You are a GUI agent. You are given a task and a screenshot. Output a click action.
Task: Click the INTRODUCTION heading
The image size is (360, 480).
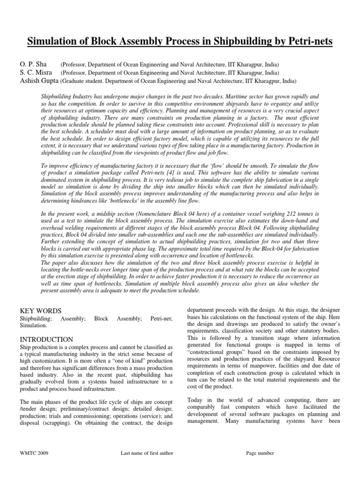pos(46,339)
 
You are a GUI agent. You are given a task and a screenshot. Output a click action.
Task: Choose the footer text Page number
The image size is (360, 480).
pos(260,453)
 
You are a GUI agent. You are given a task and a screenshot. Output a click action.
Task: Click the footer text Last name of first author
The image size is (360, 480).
pos(147,453)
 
